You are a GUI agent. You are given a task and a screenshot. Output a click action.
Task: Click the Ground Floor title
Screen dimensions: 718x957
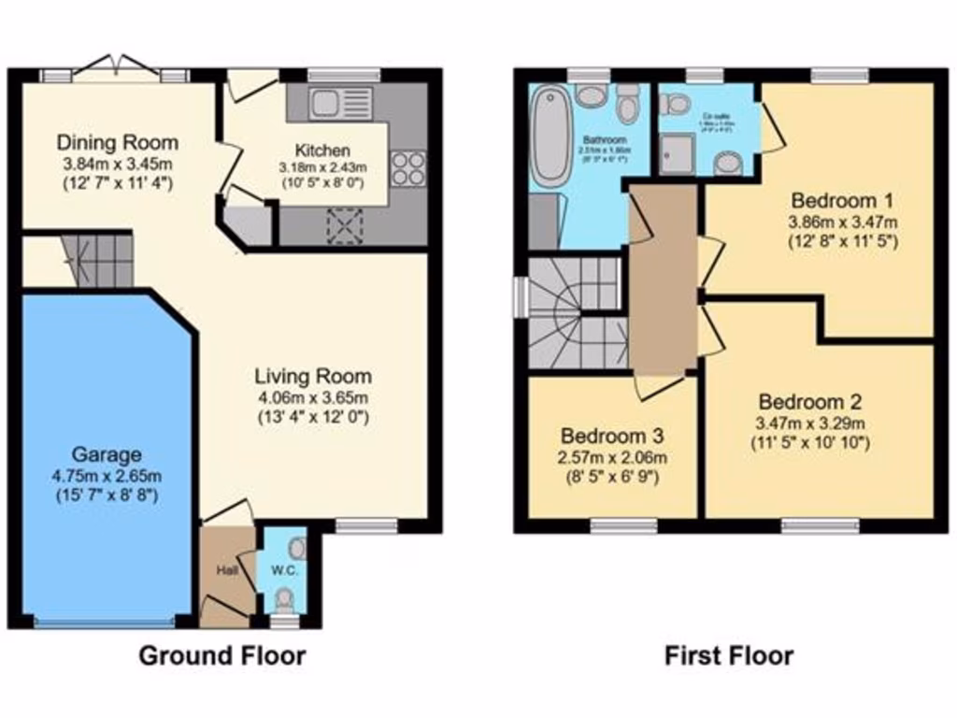coord(221,655)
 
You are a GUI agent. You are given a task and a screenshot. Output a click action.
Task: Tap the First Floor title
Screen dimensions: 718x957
coord(728,655)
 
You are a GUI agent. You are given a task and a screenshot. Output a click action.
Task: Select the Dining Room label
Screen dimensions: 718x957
coord(117,143)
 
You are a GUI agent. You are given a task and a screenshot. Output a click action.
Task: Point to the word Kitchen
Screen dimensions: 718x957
coord(322,151)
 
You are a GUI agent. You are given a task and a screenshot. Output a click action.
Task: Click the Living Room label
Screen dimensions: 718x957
coord(313,376)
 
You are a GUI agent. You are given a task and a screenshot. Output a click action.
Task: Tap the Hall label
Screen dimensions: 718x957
coord(228,568)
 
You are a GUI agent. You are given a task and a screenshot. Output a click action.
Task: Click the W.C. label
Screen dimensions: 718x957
coord(284,568)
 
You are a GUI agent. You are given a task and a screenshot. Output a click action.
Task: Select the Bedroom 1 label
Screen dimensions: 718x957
coord(841,200)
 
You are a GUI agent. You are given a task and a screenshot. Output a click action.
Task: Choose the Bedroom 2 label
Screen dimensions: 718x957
coord(809,402)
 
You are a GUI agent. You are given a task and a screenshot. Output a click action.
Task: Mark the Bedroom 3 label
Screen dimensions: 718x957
coord(612,436)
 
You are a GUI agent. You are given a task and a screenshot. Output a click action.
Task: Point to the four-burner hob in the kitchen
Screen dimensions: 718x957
coord(408,168)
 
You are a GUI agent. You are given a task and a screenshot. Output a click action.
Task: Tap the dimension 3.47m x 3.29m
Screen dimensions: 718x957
coord(809,423)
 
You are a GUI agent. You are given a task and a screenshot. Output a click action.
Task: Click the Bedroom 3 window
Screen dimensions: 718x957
coord(623,524)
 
